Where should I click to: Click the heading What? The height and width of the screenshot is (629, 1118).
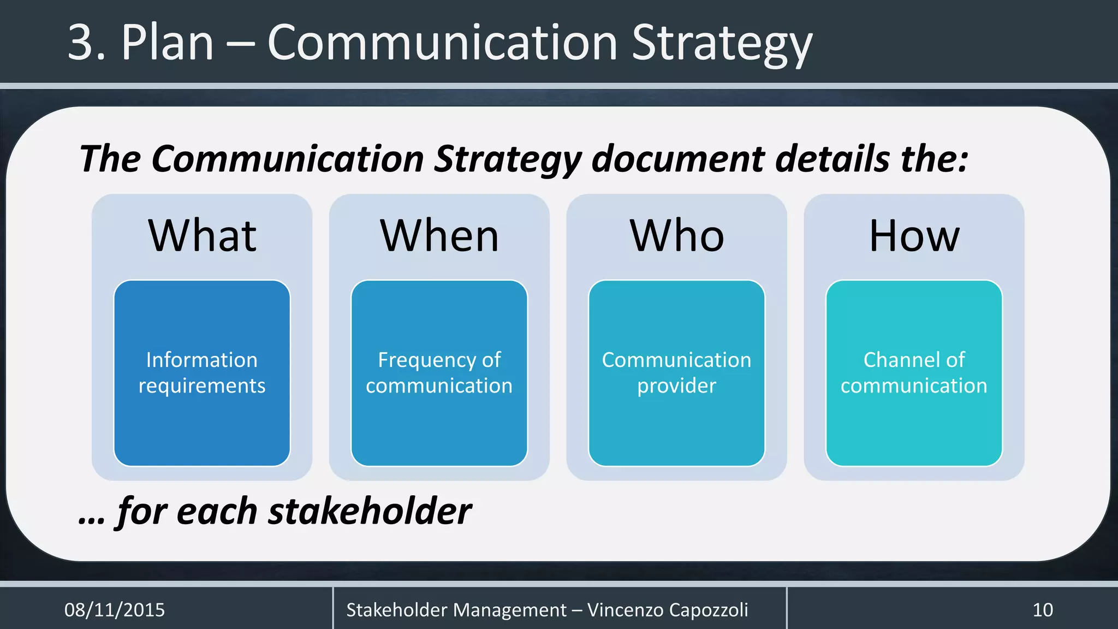pyautogui.click(x=202, y=236)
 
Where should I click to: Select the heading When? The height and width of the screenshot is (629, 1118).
pyautogui.click(x=439, y=236)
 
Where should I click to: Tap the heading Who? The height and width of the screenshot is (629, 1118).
pyautogui.click(x=677, y=236)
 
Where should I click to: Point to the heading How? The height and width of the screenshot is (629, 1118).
pyautogui.click(x=914, y=236)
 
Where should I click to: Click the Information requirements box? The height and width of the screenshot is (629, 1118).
pyautogui.click(x=202, y=373)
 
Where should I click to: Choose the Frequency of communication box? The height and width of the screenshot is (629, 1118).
pyautogui.click(x=439, y=373)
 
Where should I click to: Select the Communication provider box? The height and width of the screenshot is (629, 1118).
pyautogui.click(x=677, y=373)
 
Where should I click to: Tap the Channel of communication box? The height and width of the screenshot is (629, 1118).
pyautogui.click(x=914, y=373)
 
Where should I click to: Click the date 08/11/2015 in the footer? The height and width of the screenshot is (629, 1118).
pyautogui.click(x=115, y=610)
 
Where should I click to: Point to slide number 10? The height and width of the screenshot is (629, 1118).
pyautogui.click(x=1043, y=610)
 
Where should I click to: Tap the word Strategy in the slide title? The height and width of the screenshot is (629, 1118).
pyautogui.click(x=722, y=44)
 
